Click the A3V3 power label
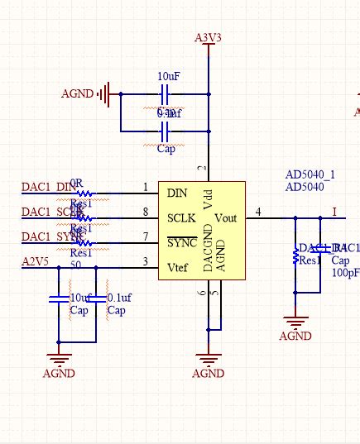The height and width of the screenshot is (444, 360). pyautogui.click(x=208, y=37)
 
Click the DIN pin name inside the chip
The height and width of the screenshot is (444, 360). pyautogui.click(x=177, y=193)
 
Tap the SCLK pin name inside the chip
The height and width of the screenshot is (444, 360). pyautogui.click(x=181, y=218)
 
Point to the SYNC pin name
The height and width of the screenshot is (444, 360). pyautogui.click(x=181, y=243)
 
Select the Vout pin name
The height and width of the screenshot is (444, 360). pyautogui.click(x=227, y=218)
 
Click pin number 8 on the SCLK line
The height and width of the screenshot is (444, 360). pyautogui.click(x=146, y=212)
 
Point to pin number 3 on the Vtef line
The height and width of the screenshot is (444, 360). pyautogui.click(x=146, y=262)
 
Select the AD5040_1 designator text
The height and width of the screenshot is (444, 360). pyautogui.click(x=310, y=174)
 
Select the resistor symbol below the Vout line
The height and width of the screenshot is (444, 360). pyautogui.click(x=295, y=257)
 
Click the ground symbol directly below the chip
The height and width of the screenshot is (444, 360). pyautogui.click(x=208, y=357)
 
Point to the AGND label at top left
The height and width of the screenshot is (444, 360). pyautogui.click(x=78, y=94)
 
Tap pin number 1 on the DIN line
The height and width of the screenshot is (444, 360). pyautogui.click(x=146, y=188)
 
